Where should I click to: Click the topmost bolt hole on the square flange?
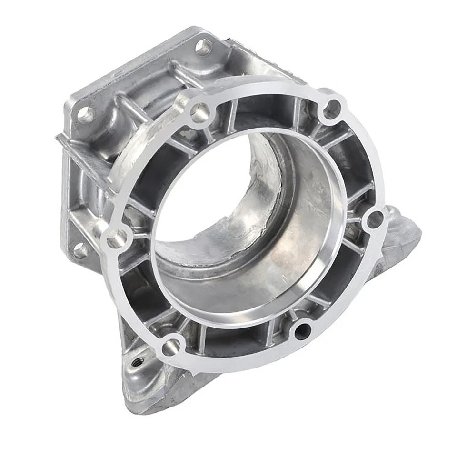204,47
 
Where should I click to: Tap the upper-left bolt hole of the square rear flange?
86,114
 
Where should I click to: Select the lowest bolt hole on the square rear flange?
79,250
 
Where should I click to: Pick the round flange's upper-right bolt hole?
332,109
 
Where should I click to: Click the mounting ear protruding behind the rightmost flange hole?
402,233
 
